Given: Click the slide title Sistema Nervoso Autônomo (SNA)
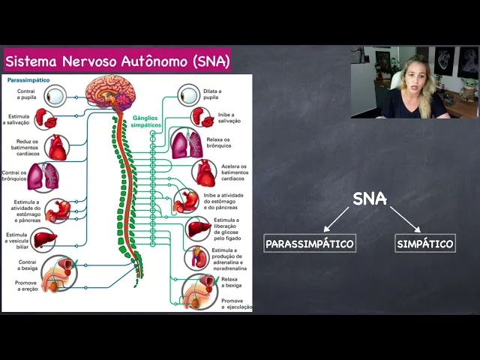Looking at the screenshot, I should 118,60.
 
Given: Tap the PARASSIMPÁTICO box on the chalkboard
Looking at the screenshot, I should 309,244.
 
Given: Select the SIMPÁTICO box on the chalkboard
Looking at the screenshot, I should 425,244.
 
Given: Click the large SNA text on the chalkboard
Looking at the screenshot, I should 370,199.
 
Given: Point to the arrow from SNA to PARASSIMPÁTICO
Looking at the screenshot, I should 337,219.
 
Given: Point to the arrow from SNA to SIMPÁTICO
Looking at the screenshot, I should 405,219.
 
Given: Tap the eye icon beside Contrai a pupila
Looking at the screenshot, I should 55,95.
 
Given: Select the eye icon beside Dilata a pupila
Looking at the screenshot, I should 189,95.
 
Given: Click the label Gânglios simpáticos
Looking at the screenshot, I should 146,121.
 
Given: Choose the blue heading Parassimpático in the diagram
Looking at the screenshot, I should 28,79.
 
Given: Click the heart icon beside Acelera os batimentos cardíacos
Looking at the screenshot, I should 203,172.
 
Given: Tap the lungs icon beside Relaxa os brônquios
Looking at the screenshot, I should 186,144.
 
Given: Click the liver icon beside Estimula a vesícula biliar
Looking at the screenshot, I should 44,238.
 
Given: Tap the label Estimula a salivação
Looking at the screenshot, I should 19,120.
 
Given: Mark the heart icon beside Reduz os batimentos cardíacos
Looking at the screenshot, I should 57,148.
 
